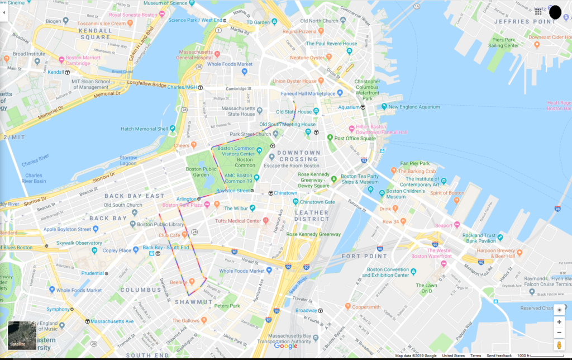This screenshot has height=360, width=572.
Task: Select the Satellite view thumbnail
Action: point(22,335)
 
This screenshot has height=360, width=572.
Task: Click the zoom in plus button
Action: point(559,322)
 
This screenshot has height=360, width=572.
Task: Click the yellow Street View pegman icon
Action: point(559,345)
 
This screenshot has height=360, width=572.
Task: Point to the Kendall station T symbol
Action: point(67,72)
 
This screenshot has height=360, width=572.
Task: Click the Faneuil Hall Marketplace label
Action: point(311,93)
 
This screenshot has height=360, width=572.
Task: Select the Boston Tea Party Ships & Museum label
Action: point(360,178)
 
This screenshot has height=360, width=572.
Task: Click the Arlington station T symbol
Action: point(199,198)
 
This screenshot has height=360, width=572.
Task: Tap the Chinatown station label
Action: point(285,193)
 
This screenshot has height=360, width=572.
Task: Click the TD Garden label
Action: point(258,22)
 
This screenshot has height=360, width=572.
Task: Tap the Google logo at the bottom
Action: point(286,346)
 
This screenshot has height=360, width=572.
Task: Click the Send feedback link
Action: point(499,356)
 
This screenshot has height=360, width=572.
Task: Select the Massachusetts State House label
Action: point(238,111)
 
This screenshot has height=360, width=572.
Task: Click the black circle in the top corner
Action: point(555,12)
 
